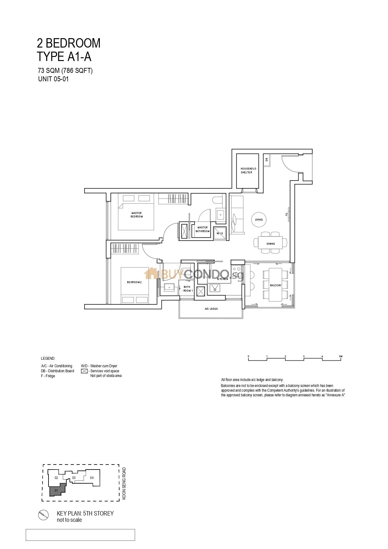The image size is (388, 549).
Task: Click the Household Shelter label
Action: click(248, 170)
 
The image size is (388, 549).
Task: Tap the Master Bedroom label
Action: click(136, 215)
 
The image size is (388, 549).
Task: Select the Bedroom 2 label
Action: click(134, 282)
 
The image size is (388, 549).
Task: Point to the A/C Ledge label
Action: click(211, 309)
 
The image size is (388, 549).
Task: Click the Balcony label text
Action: click(276, 285)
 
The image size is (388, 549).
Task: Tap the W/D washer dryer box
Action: click(220, 233)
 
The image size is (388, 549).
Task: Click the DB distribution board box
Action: click(267, 160)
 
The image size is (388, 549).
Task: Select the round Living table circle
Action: click(259, 220)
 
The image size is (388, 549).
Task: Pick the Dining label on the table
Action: click(271, 244)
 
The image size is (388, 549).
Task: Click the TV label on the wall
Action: click(286, 215)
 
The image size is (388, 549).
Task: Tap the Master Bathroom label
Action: click(202, 229)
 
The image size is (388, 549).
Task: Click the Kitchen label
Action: click(222, 279)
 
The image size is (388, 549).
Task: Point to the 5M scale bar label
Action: click(340, 356)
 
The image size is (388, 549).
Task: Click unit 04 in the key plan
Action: click(92, 478)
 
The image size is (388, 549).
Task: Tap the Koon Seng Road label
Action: click(124, 483)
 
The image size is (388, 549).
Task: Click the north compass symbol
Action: click(43, 515)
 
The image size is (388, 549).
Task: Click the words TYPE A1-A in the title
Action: click(64, 57)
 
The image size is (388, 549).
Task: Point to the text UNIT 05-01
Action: click(53, 79)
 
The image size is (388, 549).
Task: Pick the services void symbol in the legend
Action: click(84, 371)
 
